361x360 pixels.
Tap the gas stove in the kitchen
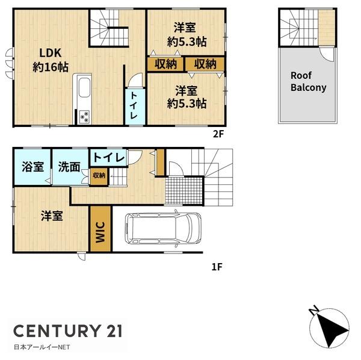[84, 117]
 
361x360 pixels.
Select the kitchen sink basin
[84, 87]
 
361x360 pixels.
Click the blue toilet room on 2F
[135, 107]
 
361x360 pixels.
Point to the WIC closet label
[100, 232]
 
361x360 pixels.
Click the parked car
[163, 228]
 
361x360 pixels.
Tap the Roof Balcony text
[308, 82]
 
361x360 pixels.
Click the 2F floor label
[218, 134]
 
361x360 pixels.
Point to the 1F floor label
[217, 267]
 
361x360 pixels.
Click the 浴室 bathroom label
[32, 167]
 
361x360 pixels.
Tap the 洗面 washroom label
[69, 167]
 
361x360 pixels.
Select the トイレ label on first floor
[109, 158]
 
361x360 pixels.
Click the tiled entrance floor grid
[184, 190]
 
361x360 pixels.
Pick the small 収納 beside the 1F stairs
[99, 176]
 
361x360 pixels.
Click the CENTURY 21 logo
[68, 331]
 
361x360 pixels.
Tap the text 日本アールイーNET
[42, 347]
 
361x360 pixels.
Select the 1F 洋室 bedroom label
[52, 216]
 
